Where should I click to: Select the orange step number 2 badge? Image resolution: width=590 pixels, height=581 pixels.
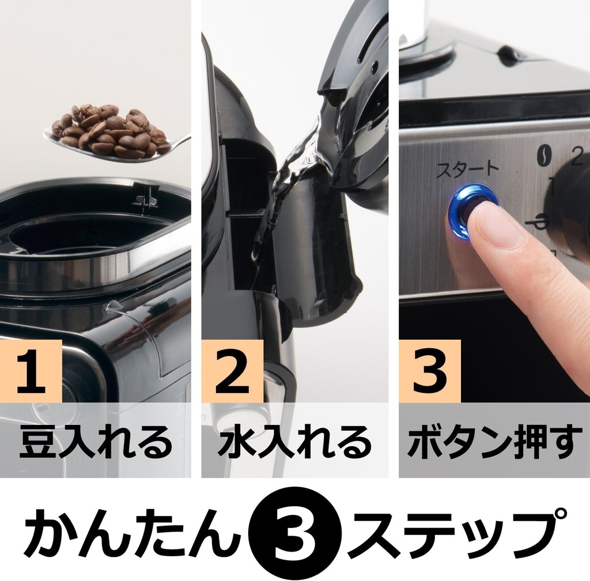pyautogui.click(x=232, y=371)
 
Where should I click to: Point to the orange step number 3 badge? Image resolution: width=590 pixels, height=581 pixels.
pyautogui.click(x=429, y=371)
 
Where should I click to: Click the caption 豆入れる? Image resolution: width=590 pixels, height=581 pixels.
pyautogui.click(x=96, y=442)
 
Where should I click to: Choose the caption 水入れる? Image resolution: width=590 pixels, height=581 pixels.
pyautogui.click(x=294, y=442)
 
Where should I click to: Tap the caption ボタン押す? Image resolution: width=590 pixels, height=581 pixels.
pyautogui.click(x=494, y=442)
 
